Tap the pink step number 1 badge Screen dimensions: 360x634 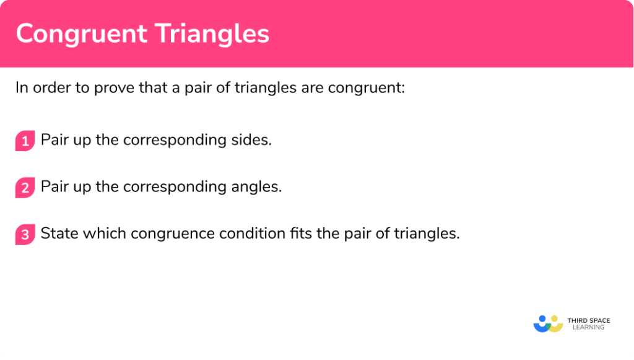click(25, 141)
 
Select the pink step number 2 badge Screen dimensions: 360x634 click(25, 188)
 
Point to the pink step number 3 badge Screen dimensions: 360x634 click(25, 235)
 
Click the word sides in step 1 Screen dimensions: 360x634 click(254, 140)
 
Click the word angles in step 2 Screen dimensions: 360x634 click(261, 187)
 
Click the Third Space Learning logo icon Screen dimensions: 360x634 click(548, 323)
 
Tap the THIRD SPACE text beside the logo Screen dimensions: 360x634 click(588, 320)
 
